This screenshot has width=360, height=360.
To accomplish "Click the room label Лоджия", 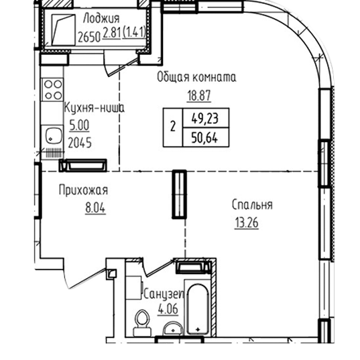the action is tap(101, 19).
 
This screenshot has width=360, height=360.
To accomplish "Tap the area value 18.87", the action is tap(199, 95).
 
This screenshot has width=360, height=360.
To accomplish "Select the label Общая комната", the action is tap(196, 77).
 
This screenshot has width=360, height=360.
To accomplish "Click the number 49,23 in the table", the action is tap(205, 119).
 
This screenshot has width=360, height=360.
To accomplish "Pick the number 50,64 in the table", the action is tap(204, 138).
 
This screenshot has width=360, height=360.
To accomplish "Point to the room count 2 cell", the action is tap(173, 127).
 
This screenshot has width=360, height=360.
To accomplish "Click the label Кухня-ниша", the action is tap(94, 108).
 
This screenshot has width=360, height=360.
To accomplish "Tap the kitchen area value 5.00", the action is tap(79, 125).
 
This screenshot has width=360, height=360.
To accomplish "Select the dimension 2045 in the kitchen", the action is tap(80, 143).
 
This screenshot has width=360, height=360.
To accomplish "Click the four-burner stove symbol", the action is tap(52, 90).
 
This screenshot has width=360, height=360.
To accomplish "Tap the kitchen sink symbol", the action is tap(53, 135).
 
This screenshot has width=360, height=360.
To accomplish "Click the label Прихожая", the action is tap(83, 190).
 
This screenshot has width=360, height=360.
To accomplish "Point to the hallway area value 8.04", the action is tap(95, 208).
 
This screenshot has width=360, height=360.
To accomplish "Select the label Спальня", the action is tap(252, 205).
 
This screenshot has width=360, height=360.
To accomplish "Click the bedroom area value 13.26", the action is tap(247, 223).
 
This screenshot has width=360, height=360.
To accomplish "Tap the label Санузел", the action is tap(164, 294).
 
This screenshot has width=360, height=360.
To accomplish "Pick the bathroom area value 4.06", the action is tap(168, 309).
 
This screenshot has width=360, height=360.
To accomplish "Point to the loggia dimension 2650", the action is tap(89, 37).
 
